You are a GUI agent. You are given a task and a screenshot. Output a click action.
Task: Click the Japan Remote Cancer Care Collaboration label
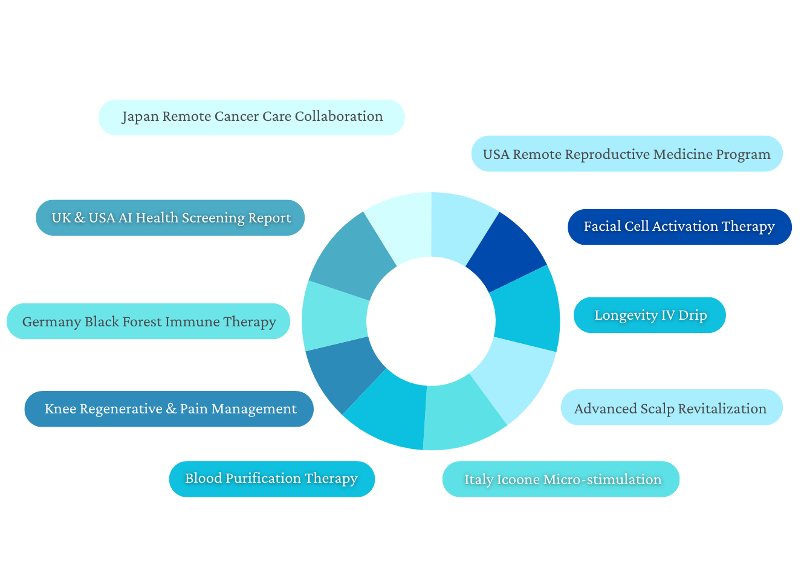tap(251, 117)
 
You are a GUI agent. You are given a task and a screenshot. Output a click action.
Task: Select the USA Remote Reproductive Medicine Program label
tap(626, 154)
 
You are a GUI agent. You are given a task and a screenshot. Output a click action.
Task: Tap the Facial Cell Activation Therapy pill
tap(679, 227)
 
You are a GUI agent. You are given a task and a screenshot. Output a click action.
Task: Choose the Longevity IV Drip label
tap(650, 315)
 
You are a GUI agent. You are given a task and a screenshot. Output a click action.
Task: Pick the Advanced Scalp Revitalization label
tap(671, 408)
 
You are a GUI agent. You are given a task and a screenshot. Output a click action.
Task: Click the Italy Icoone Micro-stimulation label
tap(561, 479)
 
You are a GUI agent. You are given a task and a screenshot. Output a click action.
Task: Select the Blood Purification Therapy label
tap(271, 479)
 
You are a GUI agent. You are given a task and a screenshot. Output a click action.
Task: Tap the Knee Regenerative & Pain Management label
tap(169, 409)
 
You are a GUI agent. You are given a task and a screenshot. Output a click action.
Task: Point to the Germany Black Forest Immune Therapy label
tap(149, 321)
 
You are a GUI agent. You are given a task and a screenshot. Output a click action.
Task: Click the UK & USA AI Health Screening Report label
tap(170, 218)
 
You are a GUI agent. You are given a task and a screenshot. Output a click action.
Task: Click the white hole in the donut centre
tap(430, 321)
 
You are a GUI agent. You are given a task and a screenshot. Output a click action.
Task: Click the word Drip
tap(693, 315)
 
